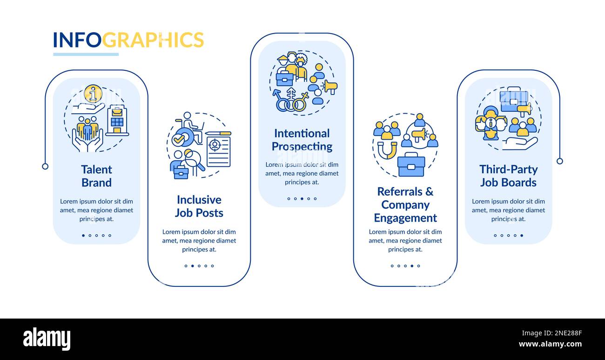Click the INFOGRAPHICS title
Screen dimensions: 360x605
click(x=128, y=40)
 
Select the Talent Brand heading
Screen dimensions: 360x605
click(x=96, y=176)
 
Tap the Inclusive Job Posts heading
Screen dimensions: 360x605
click(x=199, y=206)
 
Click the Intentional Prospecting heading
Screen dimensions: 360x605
click(x=302, y=140)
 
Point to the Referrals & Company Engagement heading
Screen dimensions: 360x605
click(x=405, y=204)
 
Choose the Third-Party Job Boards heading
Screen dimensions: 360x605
click(x=508, y=176)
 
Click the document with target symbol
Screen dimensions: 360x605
click(x=218, y=149)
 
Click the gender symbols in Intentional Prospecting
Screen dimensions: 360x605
click(x=290, y=101)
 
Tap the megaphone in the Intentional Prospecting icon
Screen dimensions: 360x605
click(x=330, y=87)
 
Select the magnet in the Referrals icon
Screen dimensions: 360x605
click(x=387, y=150)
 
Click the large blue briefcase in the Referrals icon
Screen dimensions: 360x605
click(x=411, y=165)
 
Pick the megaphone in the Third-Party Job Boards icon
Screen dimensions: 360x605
click(x=524, y=109)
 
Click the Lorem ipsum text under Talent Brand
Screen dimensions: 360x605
click(x=96, y=210)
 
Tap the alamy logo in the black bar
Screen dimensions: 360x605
click(x=47, y=339)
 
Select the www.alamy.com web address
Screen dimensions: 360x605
click(x=550, y=345)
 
